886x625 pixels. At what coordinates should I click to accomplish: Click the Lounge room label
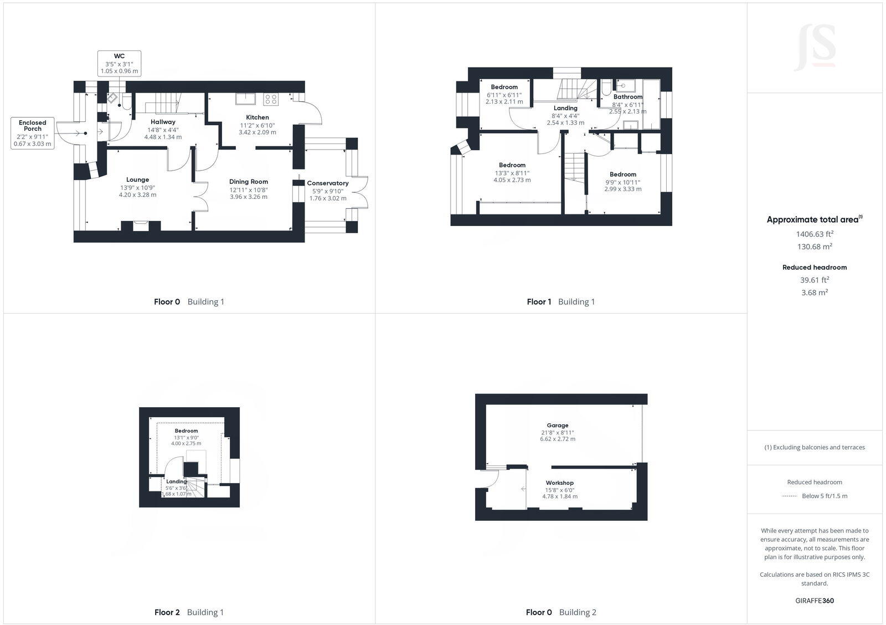click(x=137, y=180)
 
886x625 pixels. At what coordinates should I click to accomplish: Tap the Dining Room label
click(x=249, y=181)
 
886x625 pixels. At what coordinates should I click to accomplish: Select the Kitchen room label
click(x=257, y=117)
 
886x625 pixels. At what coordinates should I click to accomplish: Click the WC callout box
click(x=119, y=64)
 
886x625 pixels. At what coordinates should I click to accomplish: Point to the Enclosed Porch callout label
click(x=33, y=126)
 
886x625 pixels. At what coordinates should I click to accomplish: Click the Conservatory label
click(x=328, y=183)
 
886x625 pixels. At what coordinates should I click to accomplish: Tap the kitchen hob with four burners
click(x=271, y=99)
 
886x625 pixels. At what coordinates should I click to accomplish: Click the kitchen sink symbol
click(x=244, y=99)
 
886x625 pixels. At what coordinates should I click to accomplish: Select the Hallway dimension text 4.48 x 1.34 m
click(x=163, y=137)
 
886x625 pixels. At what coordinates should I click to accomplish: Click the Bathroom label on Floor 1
click(x=628, y=97)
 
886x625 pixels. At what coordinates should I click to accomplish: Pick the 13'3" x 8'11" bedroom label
click(x=512, y=165)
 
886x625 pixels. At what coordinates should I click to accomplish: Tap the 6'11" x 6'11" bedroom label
click(x=504, y=87)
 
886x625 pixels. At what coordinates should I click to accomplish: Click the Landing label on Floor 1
click(x=565, y=108)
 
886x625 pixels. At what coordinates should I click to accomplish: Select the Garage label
click(x=558, y=426)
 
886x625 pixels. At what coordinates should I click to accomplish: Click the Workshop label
click(x=560, y=483)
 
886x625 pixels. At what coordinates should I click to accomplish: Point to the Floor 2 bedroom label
click(x=186, y=431)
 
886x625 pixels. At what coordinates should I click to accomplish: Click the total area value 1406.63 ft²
click(x=815, y=234)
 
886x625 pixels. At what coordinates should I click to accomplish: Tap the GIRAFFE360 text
click(x=815, y=601)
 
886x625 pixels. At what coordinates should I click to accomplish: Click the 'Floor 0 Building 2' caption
click(x=561, y=612)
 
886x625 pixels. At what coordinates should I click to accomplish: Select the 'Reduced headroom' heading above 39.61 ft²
click(x=815, y=267)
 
